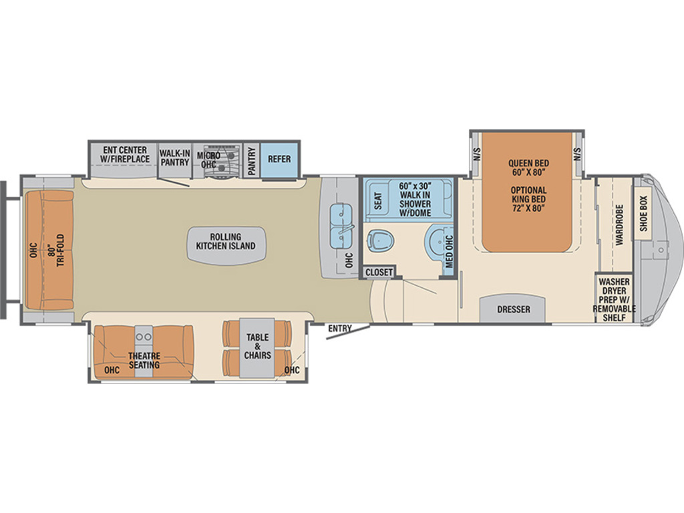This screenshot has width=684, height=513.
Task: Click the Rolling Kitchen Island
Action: pyautogui.click(x=226, y=246)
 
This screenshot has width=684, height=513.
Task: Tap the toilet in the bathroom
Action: pyautogui.click(x=380, y=240)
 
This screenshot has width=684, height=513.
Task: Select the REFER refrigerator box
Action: pyautogui.click(x=279, y=159)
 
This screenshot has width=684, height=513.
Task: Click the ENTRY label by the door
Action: pyautogui.click(x=340, y=329)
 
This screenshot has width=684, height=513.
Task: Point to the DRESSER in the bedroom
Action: pyautogui.click(x=513, y=309)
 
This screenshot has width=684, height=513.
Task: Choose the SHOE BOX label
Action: pyautogui.click(x=643, y=214)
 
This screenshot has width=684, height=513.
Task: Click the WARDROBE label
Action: pyautogui.click(x=619, y=224)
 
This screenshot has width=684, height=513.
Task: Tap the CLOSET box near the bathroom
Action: pyautogui.click(x=379, y=272)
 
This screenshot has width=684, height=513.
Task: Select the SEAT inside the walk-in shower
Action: pyautogui.click(x=378, y=200)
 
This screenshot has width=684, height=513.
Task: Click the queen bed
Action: pyautogui.click(x=528, y=192)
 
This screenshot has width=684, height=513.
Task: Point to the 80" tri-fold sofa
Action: pyautogui.click(x=49, y=250)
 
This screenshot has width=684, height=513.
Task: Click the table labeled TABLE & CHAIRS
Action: pyautogui.click(x=257, y=347)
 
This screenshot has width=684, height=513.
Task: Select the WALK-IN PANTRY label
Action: pyautogui.click(x=174, y=158)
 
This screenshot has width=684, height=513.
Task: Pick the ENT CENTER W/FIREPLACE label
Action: pyautogui.click(x=125, y=154)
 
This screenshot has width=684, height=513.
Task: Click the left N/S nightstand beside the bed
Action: pyautogui.click(x=476, y=154)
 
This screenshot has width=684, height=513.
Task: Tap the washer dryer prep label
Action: pyautogui.click(x=614, y=299)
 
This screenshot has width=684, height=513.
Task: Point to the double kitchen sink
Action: pyautogui.click(x=341, y=226)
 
